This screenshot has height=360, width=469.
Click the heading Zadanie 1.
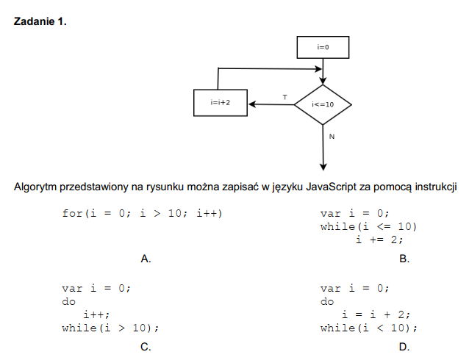40,22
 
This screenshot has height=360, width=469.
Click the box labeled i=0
323,47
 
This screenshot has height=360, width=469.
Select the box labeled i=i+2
220,103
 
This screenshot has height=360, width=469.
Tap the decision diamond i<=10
323,104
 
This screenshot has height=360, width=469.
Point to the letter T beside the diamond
284,97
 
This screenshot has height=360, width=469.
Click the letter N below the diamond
332,137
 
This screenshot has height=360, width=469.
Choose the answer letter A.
146,259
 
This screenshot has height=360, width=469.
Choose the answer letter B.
404,259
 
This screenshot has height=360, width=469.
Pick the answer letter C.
146,347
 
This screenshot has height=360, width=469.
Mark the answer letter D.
404,347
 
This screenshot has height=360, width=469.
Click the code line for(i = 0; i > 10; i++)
142,214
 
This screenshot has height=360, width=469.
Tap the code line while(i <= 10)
368,226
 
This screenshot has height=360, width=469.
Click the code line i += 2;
380,239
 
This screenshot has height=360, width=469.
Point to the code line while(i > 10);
110,328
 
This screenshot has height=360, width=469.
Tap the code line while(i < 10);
368,328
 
